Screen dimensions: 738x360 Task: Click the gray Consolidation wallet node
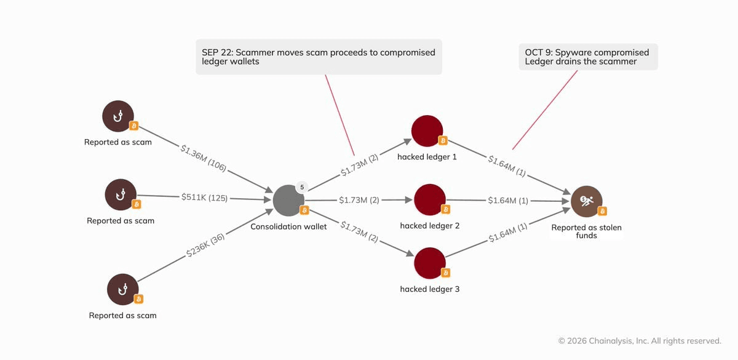(x=288, y=201)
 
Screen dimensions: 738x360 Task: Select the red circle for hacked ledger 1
(x=427, y=131)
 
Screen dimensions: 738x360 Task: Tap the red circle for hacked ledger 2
(x=430, y=200)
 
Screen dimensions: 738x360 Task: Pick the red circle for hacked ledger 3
(x=430, y=263)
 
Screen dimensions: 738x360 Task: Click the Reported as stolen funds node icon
(x=587, y=201)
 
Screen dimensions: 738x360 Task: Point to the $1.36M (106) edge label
(x=204, y=158)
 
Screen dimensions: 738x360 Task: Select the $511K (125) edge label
(x=204, y=198)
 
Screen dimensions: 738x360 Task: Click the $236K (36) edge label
(x=205, y=246)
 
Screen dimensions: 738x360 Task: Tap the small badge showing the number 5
(x=302, y=187)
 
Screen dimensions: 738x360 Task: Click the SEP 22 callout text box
(x=319, y=57)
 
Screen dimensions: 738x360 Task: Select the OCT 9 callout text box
(x=588, y=57)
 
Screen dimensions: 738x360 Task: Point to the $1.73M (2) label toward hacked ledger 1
(x=359, y=165)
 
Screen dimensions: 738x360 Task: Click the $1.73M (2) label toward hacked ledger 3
(x=359, y=231)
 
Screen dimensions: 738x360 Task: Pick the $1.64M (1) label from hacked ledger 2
(x=508, y=201)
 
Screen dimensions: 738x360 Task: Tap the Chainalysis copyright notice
(x=640, y=340)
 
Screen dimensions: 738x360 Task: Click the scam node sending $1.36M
(x=118, y=116)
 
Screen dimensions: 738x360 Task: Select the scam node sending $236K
(x=123, y=289)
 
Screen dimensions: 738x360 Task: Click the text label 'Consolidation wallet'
(x=288, y=226)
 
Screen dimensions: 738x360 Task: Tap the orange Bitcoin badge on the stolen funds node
(x=602, y=211)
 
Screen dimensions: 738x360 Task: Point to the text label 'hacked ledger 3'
(x=430, y=289)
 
